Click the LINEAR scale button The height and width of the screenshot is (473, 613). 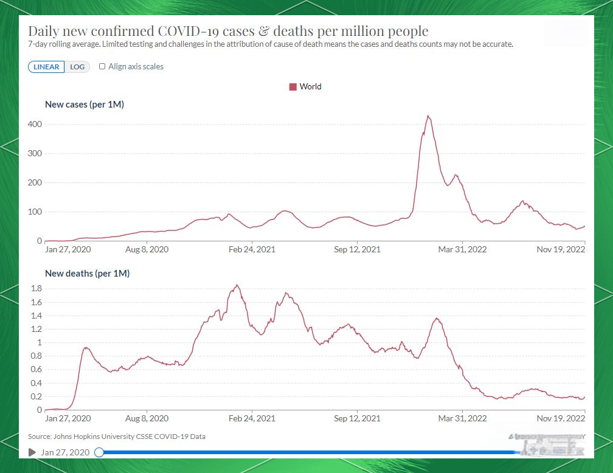point(46,67)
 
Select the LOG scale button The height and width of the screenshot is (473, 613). point(77,67)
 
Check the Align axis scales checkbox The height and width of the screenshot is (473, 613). point(102,66)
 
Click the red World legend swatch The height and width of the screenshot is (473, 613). point(293,87)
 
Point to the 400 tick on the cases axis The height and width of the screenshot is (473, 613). point(35,124)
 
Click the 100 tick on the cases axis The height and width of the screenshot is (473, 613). point(35,212)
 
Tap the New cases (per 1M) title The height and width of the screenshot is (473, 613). point(85,105)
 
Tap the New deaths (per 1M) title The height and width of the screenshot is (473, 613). point(87,274)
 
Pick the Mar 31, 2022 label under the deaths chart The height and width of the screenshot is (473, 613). point(462,418)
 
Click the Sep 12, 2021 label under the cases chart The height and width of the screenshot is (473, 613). point(358,249)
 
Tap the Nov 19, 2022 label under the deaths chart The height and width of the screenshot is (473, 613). point(561,418)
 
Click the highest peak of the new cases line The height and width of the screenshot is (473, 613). point(428,116)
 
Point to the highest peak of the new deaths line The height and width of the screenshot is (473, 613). point(237,285)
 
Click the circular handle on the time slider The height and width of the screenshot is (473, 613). point(99,452)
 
